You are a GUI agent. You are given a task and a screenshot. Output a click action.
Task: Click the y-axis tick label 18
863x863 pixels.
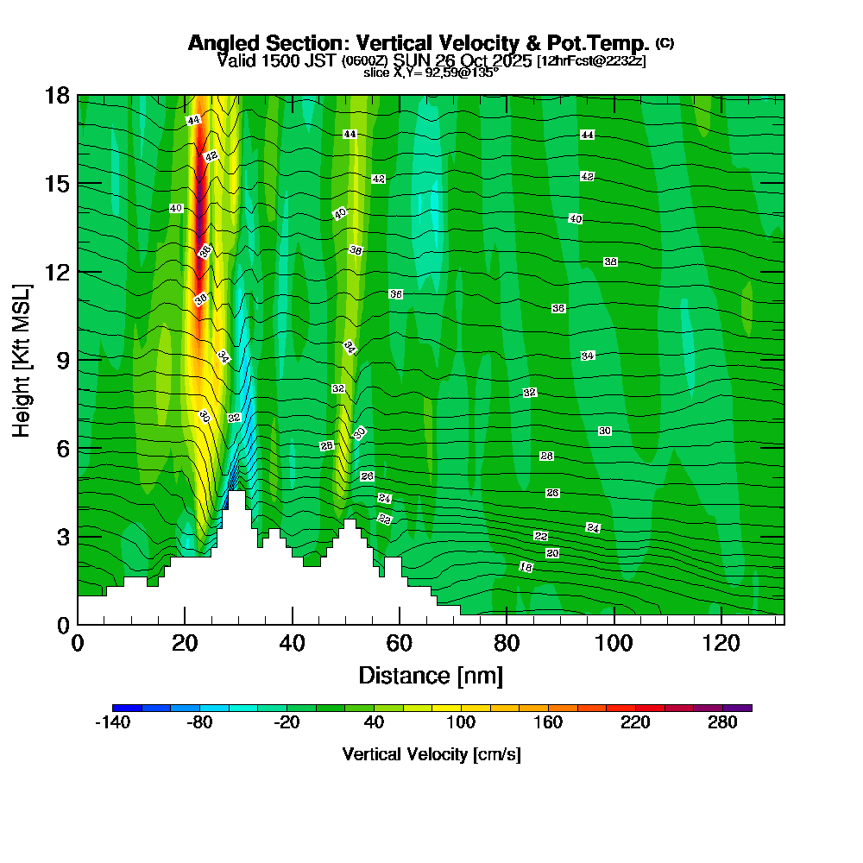(57, 95)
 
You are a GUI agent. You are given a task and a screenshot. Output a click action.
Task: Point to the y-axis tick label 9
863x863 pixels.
(63, 360)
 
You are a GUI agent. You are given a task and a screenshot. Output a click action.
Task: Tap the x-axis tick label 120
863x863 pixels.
(721, 643)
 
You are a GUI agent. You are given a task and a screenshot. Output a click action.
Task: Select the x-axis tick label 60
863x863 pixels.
(400, 643)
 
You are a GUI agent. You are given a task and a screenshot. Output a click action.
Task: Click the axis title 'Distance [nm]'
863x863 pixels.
(431, 675)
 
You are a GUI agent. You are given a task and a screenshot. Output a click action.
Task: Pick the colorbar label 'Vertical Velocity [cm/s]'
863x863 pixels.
(431, 754)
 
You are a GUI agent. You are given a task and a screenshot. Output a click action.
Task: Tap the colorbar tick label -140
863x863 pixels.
(111, 724)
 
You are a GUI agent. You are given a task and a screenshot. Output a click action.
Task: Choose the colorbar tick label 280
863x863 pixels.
(723, 724)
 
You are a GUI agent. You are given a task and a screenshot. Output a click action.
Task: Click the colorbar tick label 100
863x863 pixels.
(461, 724)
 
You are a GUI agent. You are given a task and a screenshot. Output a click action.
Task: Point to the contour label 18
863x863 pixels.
(526, 567)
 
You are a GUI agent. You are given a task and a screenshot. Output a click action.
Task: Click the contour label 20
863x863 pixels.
(552, 553)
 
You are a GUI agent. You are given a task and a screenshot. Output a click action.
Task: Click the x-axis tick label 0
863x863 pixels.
(78, 643)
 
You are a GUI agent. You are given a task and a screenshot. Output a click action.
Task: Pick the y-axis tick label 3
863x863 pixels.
(63, 537)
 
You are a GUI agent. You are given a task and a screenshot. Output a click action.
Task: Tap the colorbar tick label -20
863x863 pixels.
(287, 724)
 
